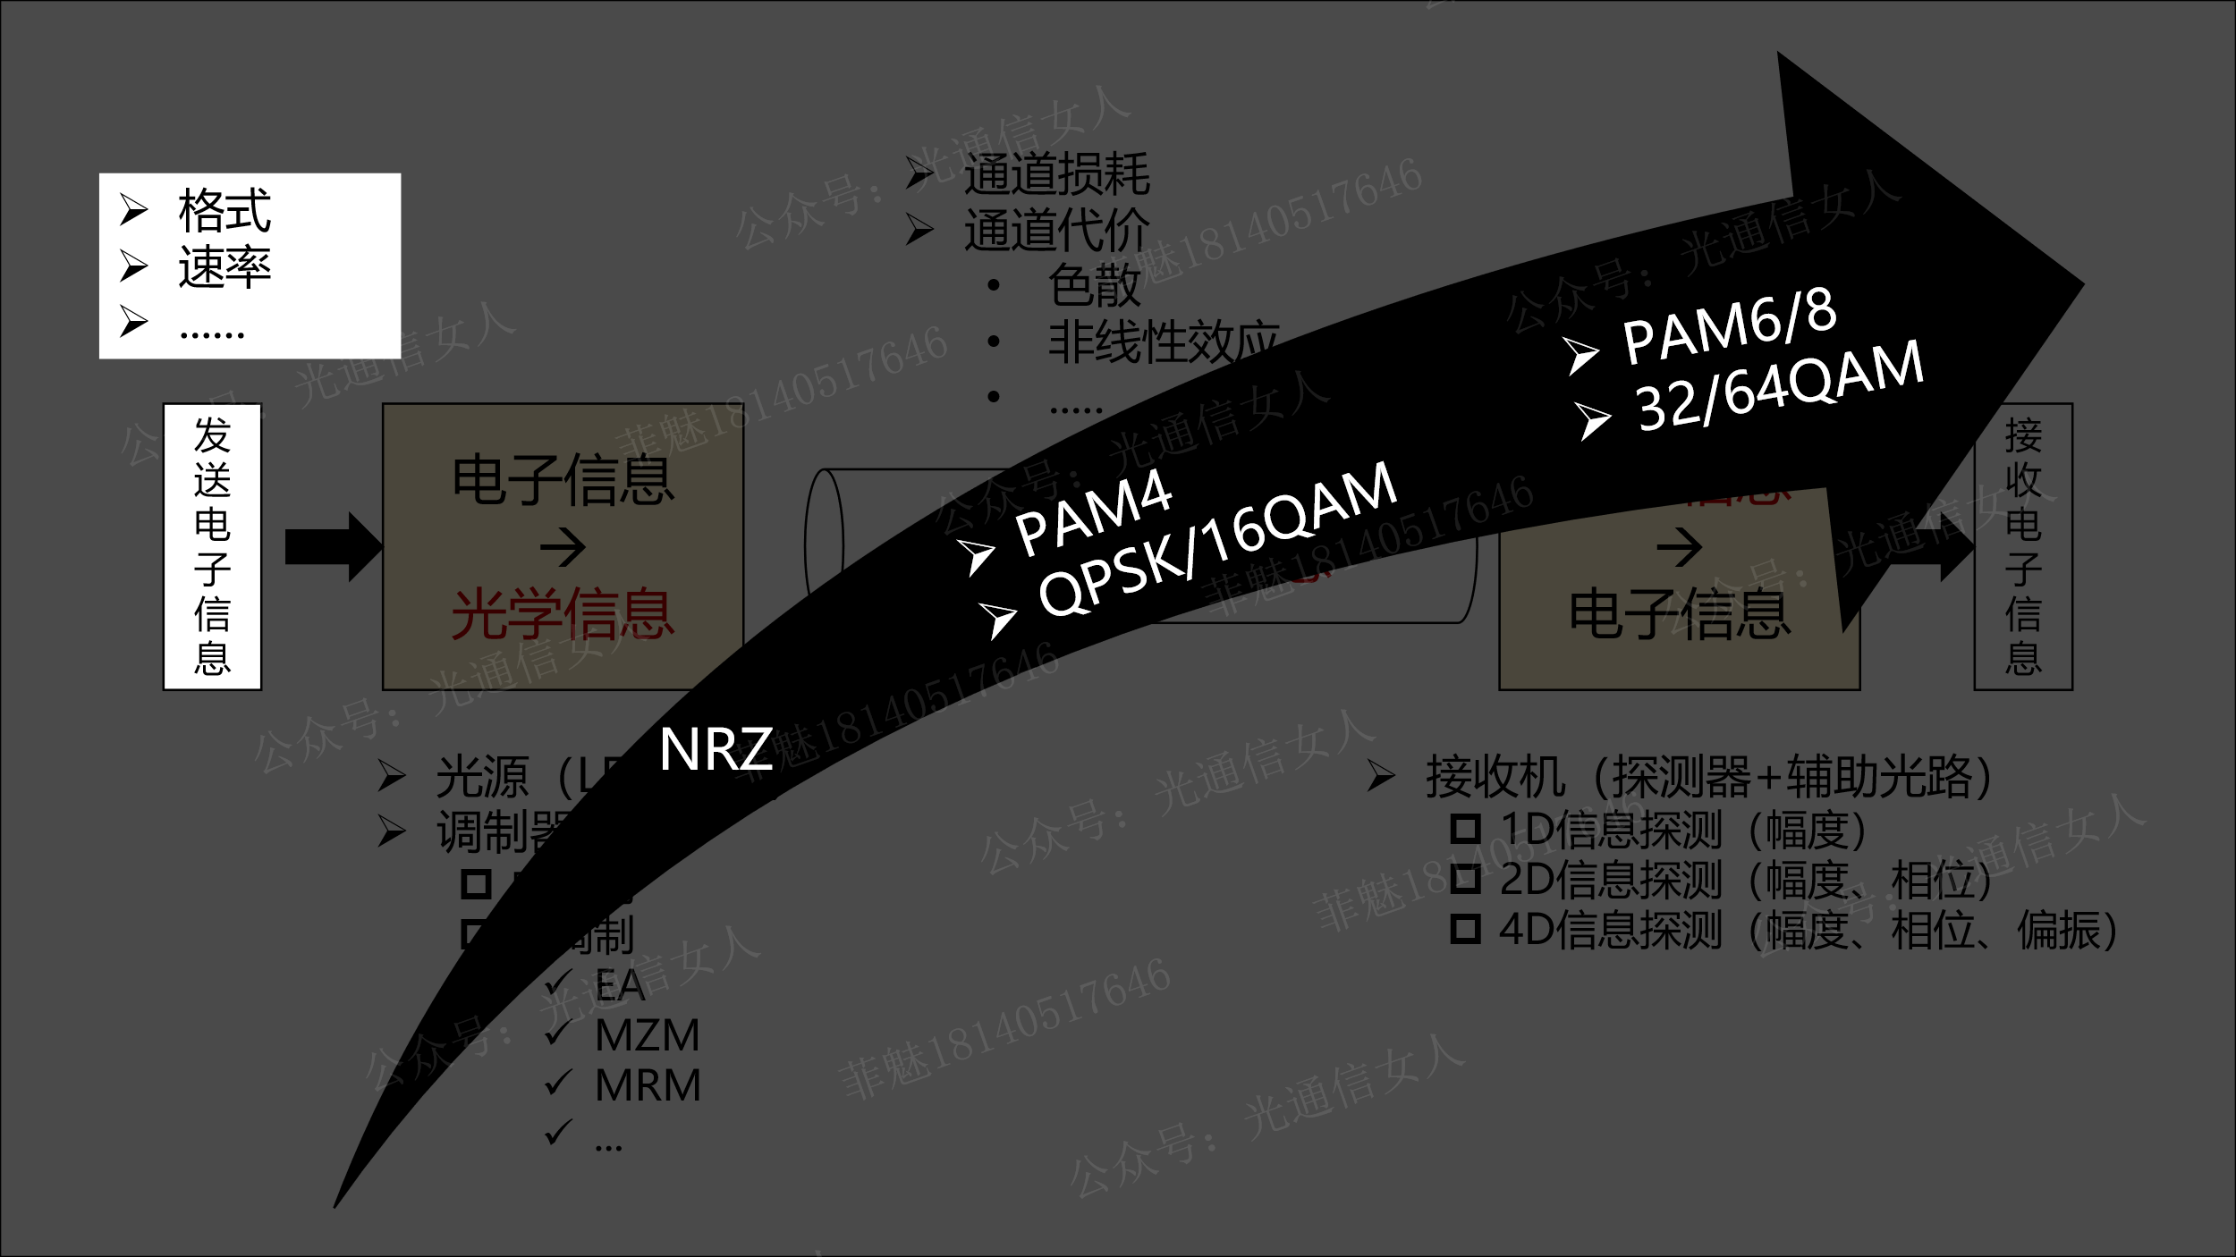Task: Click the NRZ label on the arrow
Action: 716,749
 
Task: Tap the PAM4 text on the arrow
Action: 1093,512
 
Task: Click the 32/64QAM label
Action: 1780,387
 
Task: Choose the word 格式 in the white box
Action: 224,211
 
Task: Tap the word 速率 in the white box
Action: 224,266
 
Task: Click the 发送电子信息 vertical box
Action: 212,546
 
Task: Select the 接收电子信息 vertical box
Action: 2023,546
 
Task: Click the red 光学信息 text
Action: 563,614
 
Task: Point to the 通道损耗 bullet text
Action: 1056,174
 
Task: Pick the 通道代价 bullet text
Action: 1056,231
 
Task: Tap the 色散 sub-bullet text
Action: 1094,286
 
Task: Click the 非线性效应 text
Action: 1163,342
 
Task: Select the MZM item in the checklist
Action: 648,1035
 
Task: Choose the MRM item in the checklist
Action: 648,1085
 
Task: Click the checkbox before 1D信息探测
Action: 1465,829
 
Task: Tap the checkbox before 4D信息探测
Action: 1465,929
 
